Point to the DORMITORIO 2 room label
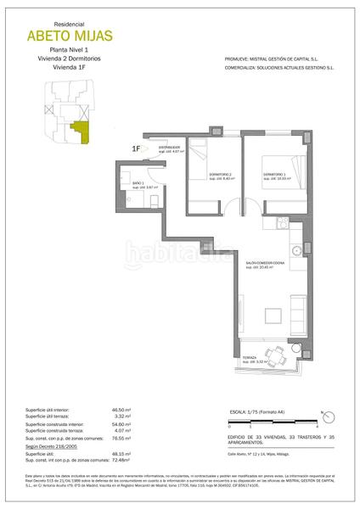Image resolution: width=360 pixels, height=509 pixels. point(221,176)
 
